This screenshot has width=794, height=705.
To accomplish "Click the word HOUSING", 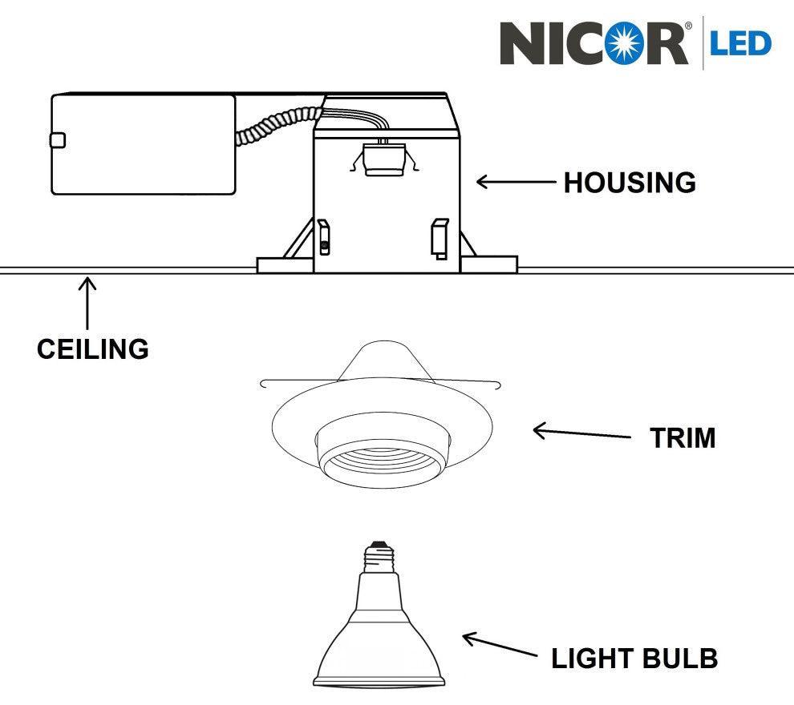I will point(630,183).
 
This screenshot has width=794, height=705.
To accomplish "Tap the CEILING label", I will point(93,349).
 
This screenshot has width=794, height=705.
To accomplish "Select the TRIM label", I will point(683,438).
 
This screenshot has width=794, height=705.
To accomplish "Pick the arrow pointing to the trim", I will point(581,433).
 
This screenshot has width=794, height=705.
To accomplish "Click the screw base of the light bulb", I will point(379,555).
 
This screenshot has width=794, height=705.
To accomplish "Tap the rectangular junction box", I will point(143,144).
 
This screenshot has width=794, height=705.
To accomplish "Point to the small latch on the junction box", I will point(56,141).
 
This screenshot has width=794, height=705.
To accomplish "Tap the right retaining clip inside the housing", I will point(440,238).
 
